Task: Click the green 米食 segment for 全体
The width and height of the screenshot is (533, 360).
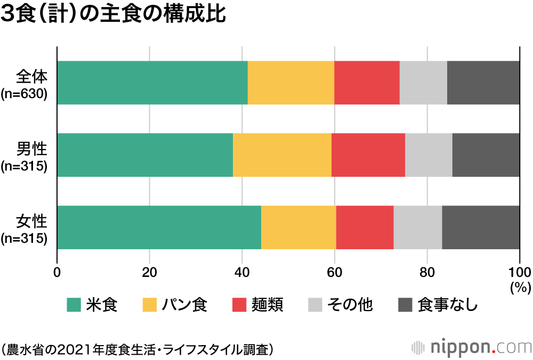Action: (152, 83)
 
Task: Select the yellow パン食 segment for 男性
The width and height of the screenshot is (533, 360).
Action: (282, 155)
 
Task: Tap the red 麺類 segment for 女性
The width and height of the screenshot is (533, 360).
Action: (365, 227)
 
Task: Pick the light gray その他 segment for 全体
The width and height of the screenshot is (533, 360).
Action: (423, 83)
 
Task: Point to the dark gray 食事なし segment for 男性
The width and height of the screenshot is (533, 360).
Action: (486, 155)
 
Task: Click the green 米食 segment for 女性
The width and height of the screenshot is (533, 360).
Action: (159, 227)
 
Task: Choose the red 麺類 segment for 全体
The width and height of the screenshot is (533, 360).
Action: (367, 83)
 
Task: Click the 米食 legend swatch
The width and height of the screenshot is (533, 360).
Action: (74, 305)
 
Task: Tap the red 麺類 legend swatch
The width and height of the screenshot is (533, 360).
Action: (240, 305)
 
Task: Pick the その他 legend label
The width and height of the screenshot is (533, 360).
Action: (350, 305)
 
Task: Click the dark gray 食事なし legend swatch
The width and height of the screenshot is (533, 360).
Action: (406, 305)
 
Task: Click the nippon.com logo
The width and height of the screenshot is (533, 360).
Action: (472, 347)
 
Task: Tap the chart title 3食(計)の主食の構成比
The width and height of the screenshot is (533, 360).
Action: (114, 15)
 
